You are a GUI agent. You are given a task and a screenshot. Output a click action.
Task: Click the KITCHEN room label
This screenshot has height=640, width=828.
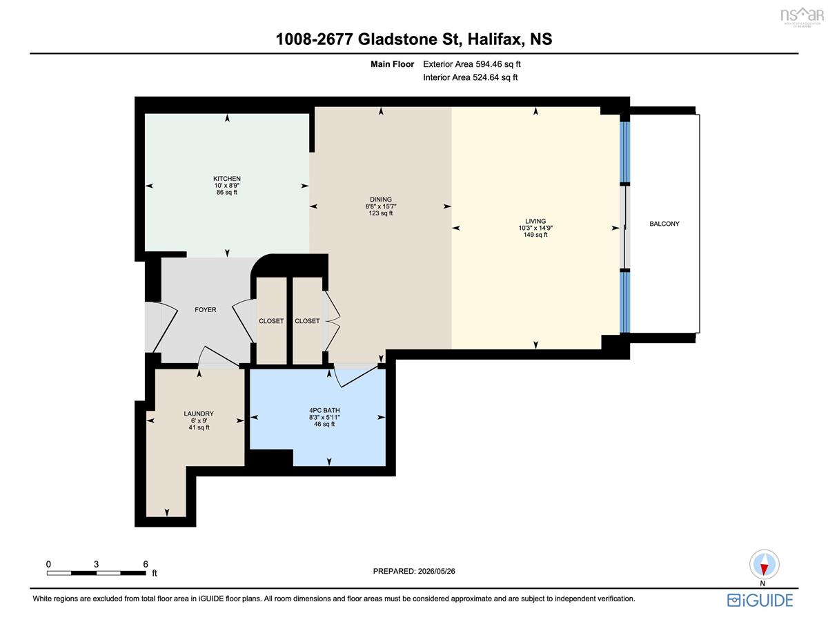coord(227,178)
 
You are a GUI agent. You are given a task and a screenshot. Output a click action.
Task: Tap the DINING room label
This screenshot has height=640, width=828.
coord(381,199)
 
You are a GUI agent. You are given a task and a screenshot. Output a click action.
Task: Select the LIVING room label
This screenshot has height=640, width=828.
coord(535,221)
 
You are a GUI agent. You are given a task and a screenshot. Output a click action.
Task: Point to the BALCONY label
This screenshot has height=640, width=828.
coord(664,224)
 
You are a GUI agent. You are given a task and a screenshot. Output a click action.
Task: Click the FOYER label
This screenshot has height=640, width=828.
coord(206,309)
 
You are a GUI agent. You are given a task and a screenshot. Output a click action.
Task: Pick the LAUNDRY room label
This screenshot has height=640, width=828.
coord(199,414)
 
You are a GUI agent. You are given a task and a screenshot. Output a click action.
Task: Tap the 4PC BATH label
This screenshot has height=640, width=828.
coord(324,410)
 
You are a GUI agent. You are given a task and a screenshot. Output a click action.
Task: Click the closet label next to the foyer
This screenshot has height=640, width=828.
coord(271,321)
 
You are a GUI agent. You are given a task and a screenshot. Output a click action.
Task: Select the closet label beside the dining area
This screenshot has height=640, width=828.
coord(307,321)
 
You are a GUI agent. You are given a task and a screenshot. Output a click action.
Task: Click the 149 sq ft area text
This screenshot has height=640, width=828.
coord(535,235)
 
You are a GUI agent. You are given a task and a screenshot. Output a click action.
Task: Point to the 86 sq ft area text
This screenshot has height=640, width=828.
coord(227,192)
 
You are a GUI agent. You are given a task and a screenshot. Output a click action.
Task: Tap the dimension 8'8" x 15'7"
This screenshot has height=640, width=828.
coord(381,206)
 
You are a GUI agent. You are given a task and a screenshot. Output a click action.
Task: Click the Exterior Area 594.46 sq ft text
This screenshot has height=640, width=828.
coord(472,64)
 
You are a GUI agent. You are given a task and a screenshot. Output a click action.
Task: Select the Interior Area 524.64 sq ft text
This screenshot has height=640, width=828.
coord(470,77)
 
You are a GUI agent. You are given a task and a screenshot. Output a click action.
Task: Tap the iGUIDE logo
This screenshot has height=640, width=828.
coord(760,601)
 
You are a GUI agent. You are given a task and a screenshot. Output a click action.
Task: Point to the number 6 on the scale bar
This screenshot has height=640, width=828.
coord(146,564)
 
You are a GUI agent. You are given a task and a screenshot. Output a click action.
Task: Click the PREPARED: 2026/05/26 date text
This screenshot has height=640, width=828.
coord(414,571)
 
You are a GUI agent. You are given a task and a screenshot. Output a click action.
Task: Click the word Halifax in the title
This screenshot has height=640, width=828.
coord(495,39)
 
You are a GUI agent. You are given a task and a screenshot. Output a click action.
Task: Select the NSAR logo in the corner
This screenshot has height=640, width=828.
coord(802,16)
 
